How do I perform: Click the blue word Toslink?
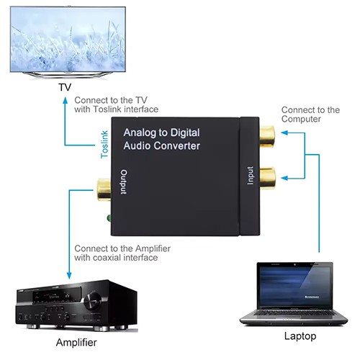click(104, 144)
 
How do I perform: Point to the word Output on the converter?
click(124, 182)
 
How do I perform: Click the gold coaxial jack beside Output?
click(103, 190)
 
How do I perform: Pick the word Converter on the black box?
click(175, 146)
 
